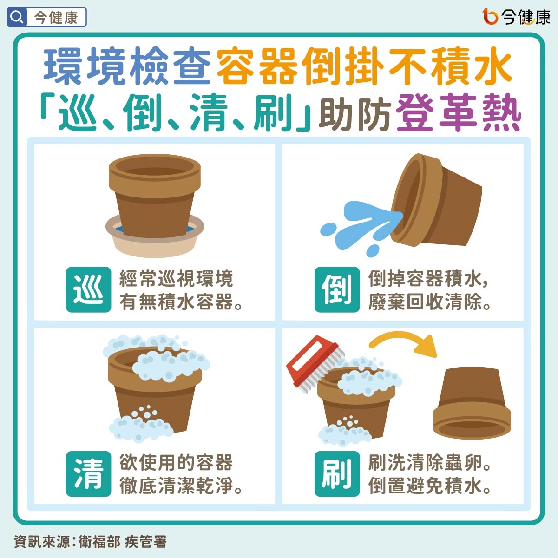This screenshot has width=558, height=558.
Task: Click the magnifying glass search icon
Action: click(x=17, y=18)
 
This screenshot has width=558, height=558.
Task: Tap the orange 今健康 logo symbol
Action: click(x=490, y=17)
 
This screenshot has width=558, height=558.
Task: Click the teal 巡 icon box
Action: click(x=88, y=289)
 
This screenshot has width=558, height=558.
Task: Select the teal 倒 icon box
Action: click(x=337, y=289)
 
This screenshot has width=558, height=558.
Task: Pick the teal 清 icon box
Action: click(x=88, y=473)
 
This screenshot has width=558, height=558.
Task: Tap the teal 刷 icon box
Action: click(x=337, y=473)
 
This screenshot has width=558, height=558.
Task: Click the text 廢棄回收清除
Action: click(x=429, y=302)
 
